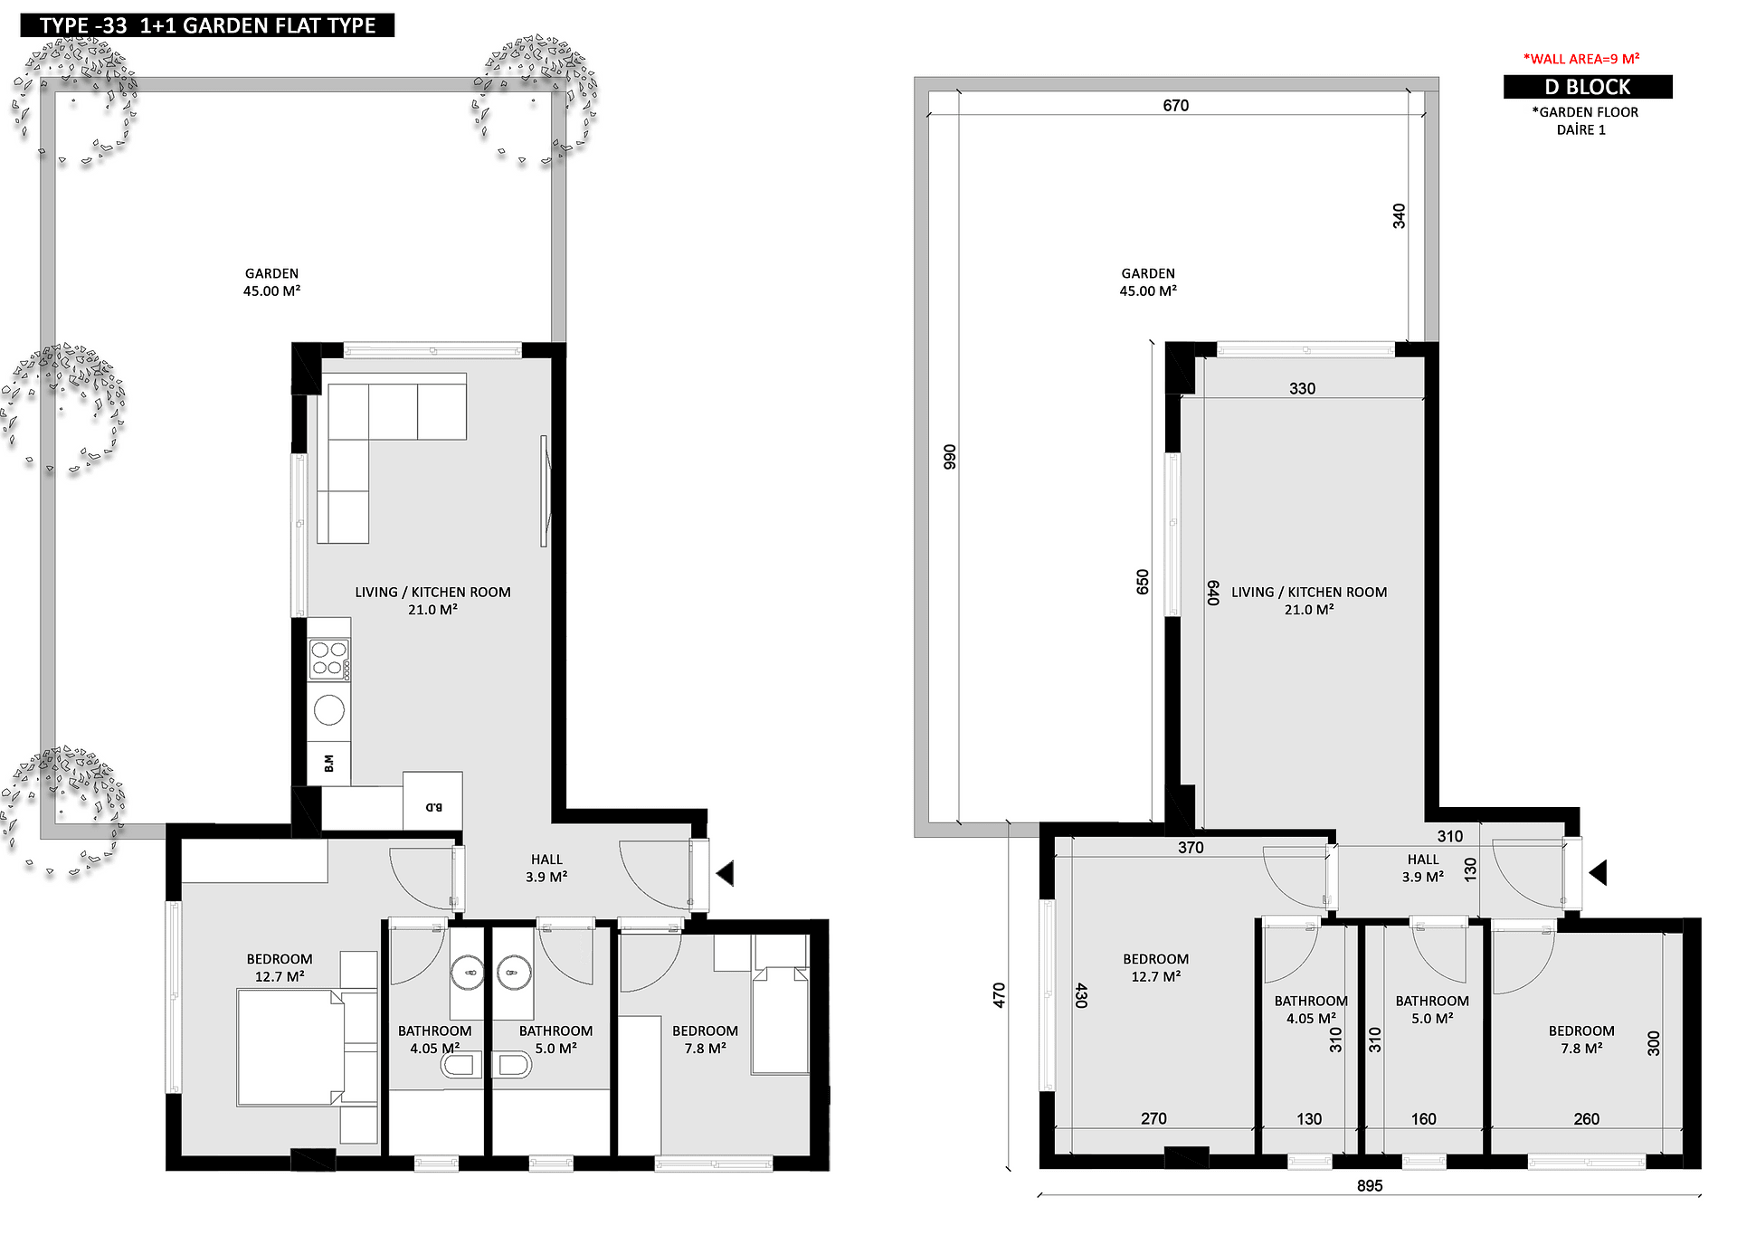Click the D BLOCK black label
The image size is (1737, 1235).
[x=1588, y=87]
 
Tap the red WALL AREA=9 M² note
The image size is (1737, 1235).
[x=1581, y=59]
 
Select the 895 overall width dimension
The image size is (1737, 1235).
[x=1370, y=1185]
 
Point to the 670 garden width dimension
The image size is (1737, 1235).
[x=1176, y=105]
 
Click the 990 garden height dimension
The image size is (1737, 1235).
[x=950, y=457]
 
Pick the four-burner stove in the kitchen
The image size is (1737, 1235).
[x=329, y=660]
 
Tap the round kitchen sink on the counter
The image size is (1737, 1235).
[x=329, y=710]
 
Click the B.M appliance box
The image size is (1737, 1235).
[x=329, y=763]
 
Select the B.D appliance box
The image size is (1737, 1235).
[x=432, y=801]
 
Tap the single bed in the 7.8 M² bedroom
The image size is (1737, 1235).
[x=781, y=1021]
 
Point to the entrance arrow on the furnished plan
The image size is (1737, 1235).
[x=725, y=873]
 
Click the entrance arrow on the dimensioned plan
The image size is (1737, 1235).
[x=1598, y=873]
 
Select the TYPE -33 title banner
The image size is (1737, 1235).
[x=207, y=25]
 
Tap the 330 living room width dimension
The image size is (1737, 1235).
[x=1303, y=388]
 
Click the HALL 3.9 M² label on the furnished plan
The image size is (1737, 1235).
[x=546, y=868]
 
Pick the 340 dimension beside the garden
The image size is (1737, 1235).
[x=1400, y=216]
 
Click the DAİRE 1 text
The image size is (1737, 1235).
[x=1581, y=129]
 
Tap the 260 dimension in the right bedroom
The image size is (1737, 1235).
[x=1587, y=1119]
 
